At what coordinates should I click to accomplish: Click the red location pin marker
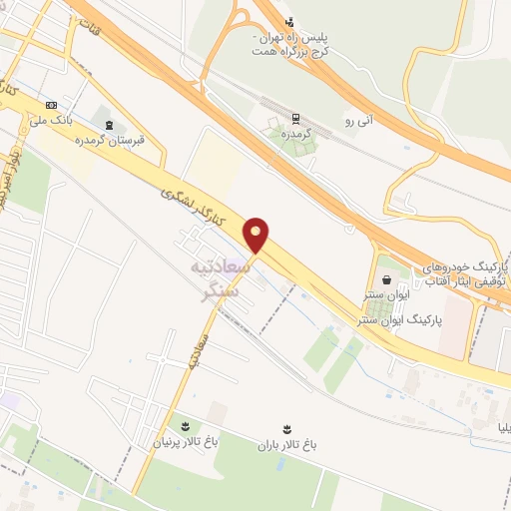[257, 235]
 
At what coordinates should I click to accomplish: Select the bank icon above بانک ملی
[52, 104]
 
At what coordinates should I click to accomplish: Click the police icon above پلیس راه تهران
[289, 22]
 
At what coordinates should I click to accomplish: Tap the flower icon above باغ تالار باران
[287, 427]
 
